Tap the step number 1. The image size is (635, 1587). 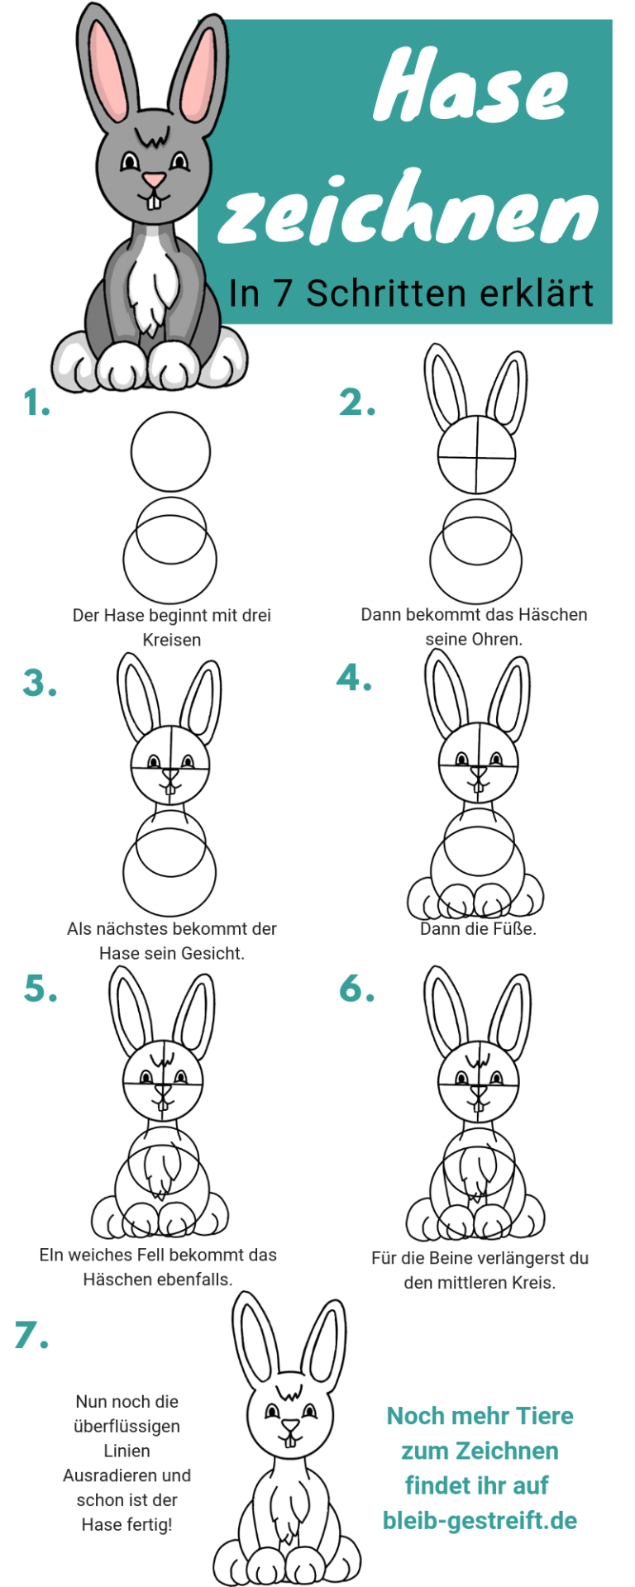[x=36, y=403]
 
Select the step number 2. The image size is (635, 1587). [x=357, y=403]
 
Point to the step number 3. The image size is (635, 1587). [x=40, y=683]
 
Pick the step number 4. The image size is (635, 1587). [x=354, y=678]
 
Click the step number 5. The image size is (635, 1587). [x=41, y=989]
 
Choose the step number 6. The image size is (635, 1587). [x=357, y=989]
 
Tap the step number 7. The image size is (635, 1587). [x=31, y=1335]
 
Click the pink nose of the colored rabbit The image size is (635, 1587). [x=154, y=179]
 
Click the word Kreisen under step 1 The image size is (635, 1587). [x=172, y=640]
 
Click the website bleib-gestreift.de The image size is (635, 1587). [x=480, y=1520]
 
